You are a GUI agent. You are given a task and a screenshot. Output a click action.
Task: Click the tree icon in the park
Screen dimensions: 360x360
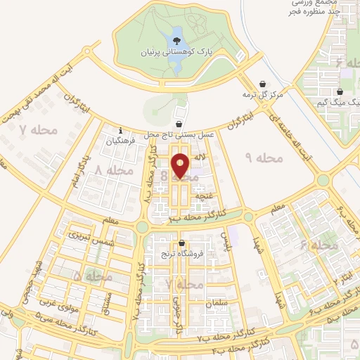pyautogui.click(x=176, y=32)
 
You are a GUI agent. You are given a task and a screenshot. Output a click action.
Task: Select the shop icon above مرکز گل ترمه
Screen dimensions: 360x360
pyautogui.click(x=263, y=83)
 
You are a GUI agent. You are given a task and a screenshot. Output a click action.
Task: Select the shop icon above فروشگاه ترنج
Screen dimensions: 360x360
pyautogui.click(x=181, y=243)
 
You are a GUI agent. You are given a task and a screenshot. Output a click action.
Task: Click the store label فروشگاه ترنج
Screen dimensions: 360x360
pyautogui.click(x=181, y=255)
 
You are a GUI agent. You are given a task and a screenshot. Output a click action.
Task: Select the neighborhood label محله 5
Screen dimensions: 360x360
pyautogui.click(x=87, y=276)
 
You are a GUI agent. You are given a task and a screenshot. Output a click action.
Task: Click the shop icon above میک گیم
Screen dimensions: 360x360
pyautogui.click(x=340, y=91)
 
